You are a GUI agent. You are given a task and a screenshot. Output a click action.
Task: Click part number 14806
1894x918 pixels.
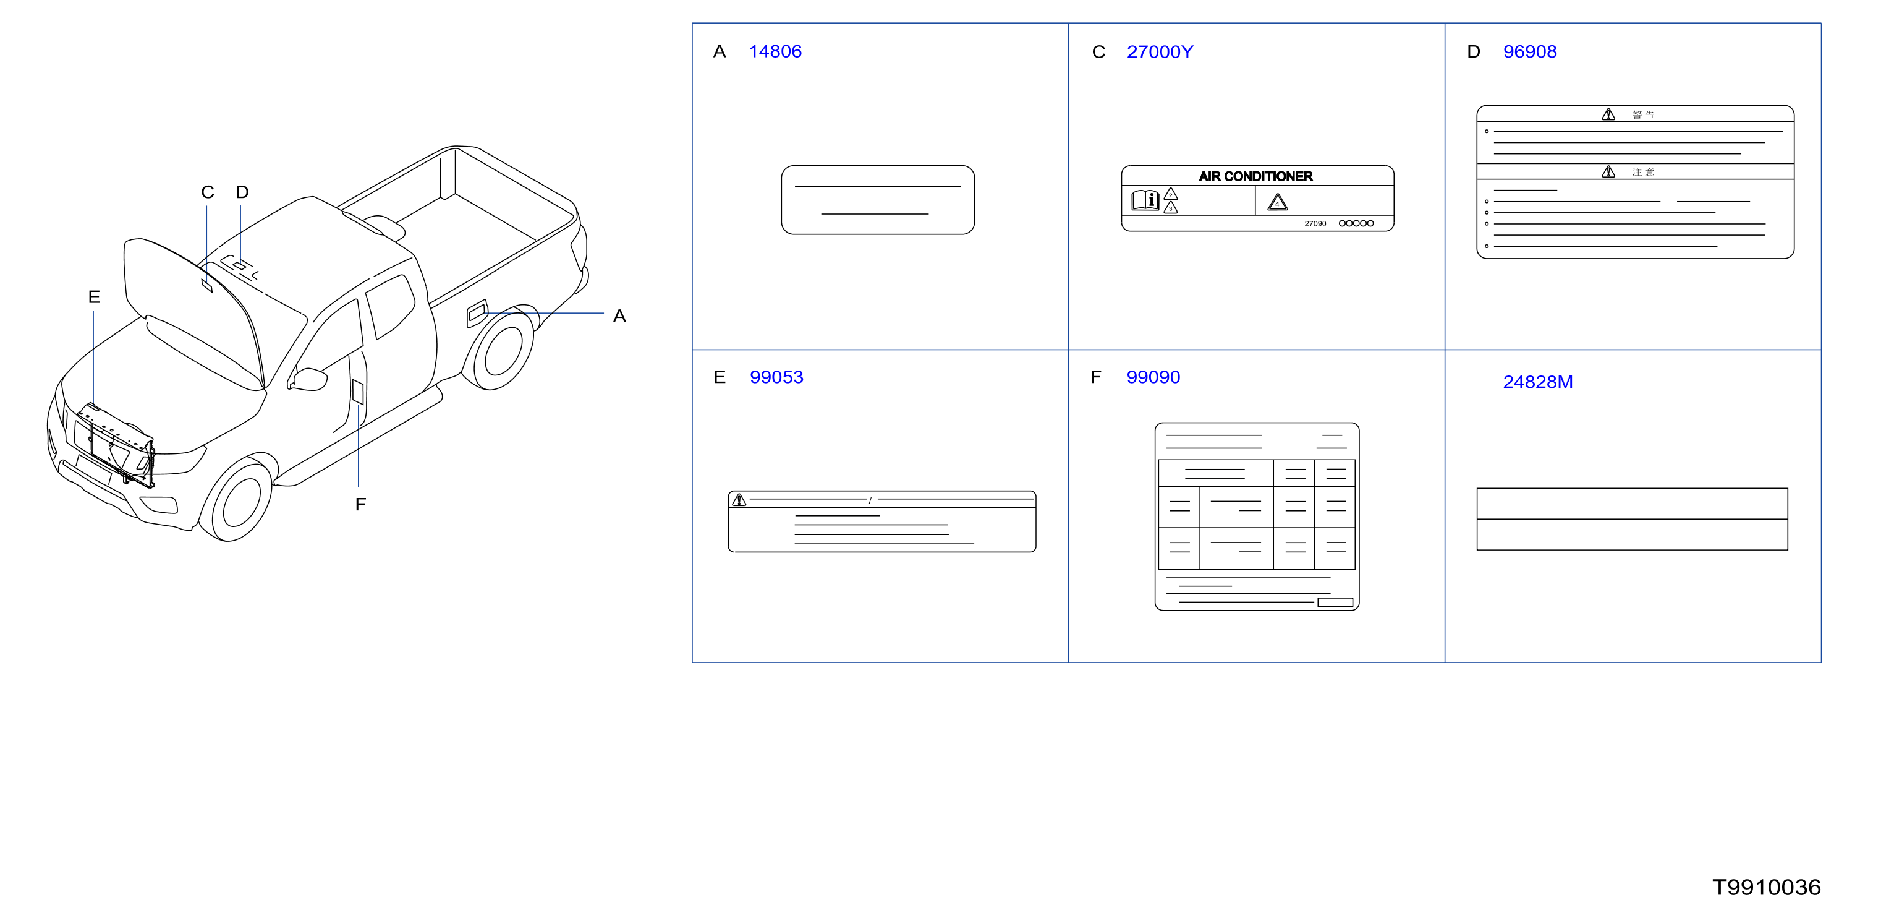775,51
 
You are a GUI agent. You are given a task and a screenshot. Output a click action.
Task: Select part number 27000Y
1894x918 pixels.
1160,51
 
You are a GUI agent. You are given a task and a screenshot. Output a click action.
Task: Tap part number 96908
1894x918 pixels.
1529,51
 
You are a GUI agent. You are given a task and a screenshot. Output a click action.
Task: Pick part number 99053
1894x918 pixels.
776,377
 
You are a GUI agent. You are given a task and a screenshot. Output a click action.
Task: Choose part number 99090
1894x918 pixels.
1153,377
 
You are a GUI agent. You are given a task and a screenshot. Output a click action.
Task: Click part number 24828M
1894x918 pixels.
1537,382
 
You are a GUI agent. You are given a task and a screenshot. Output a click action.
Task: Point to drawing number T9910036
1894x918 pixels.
1766,887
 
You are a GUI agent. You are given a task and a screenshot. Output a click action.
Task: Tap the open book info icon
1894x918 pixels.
1145,200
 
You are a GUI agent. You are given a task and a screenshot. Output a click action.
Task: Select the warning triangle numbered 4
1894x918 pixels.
1277,202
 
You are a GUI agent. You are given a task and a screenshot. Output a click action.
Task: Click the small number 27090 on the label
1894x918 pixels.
1315,223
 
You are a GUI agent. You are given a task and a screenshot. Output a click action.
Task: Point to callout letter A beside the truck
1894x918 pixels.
619,316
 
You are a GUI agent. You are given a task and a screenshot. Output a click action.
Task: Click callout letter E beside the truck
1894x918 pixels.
94,297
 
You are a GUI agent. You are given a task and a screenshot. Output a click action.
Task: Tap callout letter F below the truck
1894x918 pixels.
360,505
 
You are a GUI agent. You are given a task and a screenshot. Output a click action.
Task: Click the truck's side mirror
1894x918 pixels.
307,379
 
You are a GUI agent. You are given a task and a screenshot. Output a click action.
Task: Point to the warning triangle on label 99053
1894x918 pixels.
739,500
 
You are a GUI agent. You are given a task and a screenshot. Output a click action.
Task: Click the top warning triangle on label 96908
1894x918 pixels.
1608,115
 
